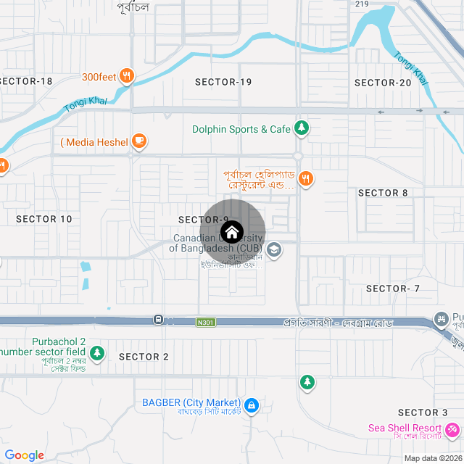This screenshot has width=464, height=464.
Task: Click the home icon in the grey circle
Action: coord(231,233)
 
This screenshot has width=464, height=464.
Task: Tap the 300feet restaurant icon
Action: coord(127,76)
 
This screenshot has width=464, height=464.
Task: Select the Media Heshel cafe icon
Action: coord(140,141)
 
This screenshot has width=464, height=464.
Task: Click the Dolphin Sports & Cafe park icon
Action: coord(302,129)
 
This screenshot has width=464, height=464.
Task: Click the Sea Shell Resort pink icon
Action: coord(453,431)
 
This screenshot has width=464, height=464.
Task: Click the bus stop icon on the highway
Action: coord(158,320)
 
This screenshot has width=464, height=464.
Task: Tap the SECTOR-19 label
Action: coord(223,82)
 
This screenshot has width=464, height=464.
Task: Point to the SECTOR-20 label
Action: coord(383,83)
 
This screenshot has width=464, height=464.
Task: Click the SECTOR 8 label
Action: coord(383,193)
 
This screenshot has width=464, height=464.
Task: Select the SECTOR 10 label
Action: coord(44,219)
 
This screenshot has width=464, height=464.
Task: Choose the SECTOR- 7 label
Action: coord(393,289)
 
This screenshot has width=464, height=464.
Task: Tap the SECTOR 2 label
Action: coord(144,357)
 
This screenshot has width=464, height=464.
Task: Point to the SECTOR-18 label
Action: coord(26,81)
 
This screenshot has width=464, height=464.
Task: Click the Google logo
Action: coord(24,455)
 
